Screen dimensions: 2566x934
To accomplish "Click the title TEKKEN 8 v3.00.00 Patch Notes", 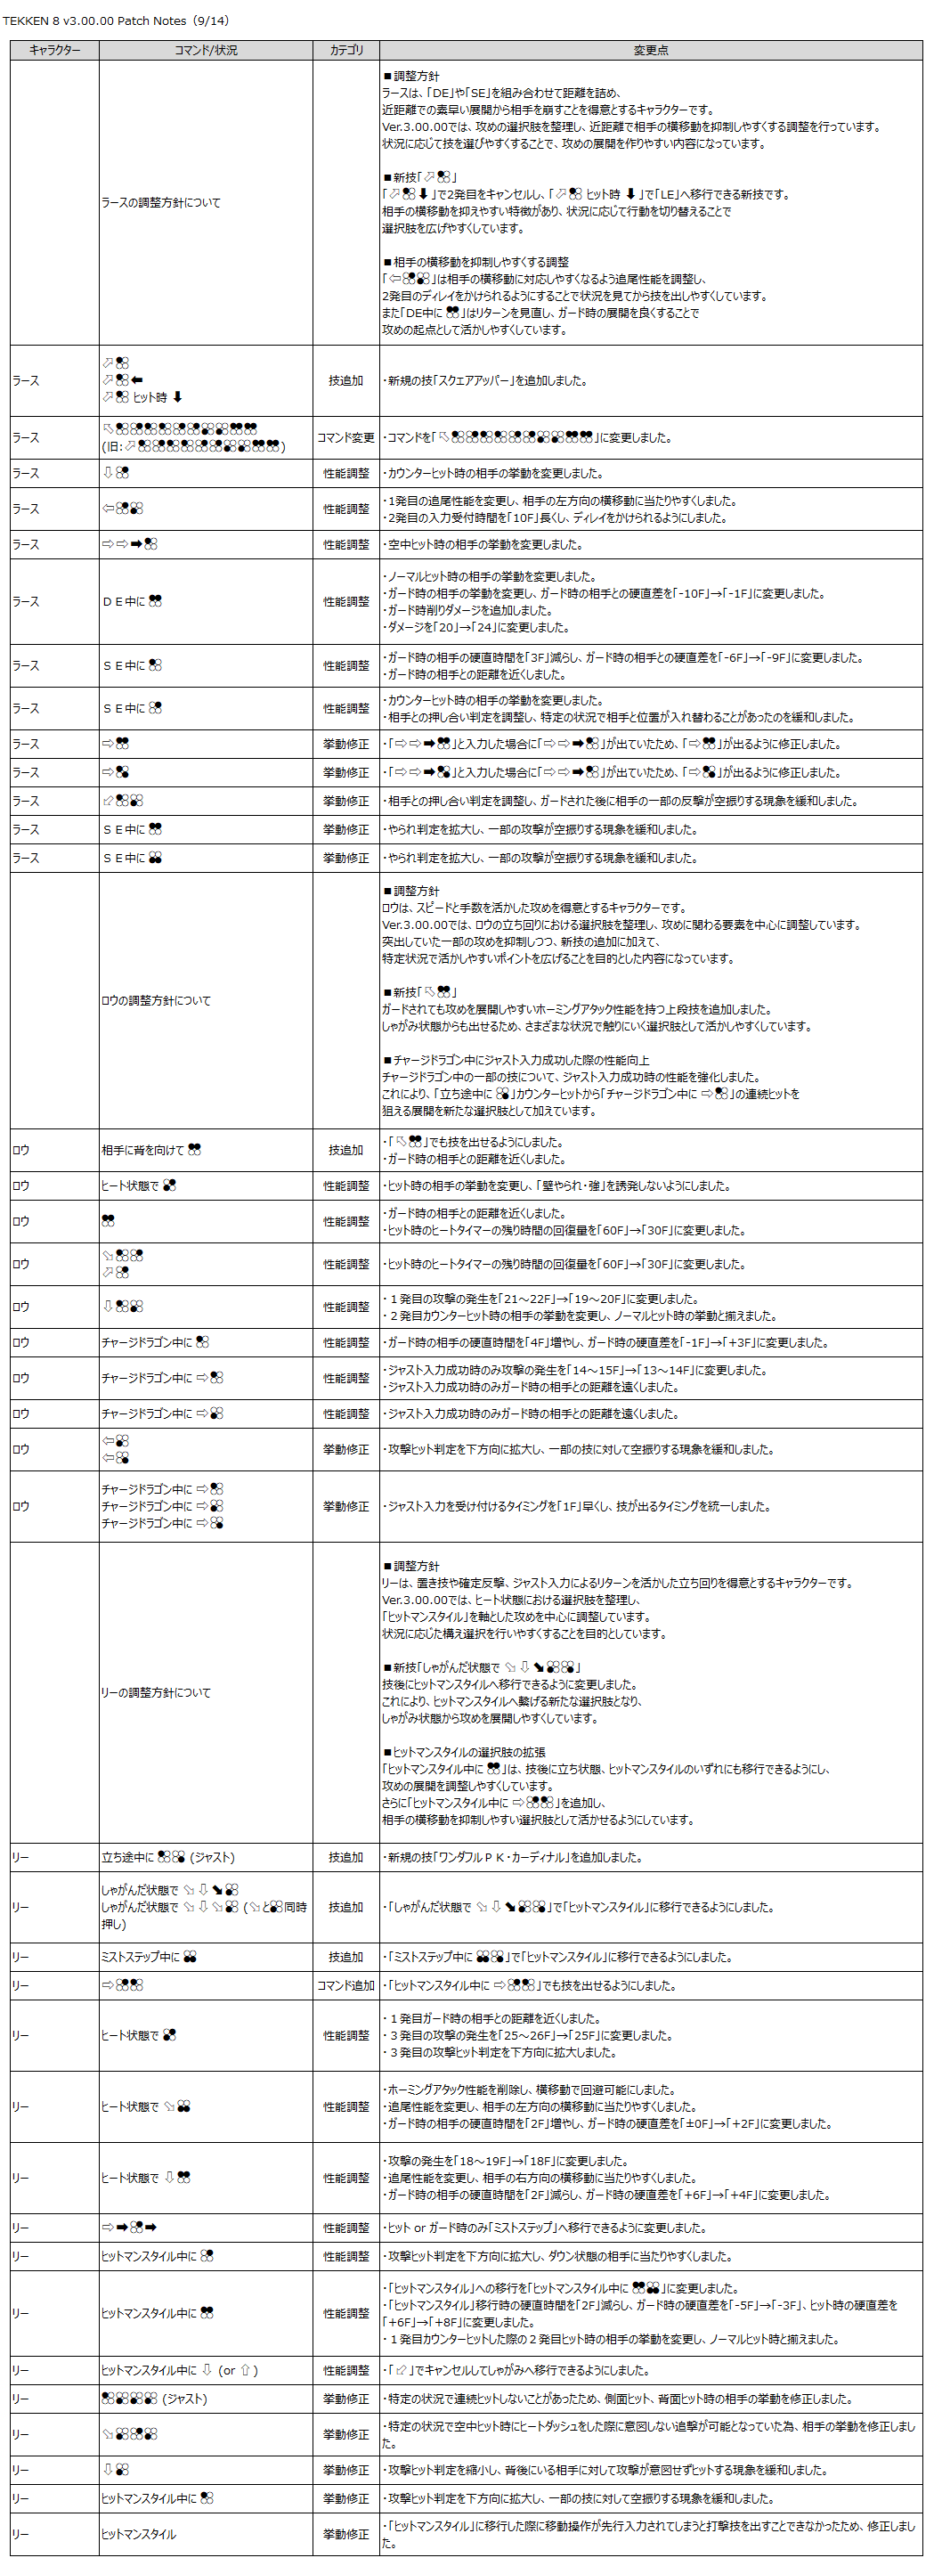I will tap(117, 20).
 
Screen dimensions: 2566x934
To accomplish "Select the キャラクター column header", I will tap(55, 50).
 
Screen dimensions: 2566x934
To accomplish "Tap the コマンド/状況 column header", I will tap(205, 50).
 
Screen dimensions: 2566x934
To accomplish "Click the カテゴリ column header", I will tap(345, 50).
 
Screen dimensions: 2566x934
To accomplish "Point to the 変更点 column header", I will tap(650, 50).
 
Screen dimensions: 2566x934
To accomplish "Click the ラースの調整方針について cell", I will tap(161, 202).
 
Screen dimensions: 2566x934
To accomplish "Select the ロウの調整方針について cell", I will tap(157, 1000).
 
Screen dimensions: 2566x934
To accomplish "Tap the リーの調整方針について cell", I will tap(157, 1692).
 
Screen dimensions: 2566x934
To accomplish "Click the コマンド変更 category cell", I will tap(345, 437).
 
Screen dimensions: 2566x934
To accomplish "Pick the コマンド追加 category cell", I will tap(345, 1985).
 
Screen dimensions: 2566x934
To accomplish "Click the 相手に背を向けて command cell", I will tap(151, 1150).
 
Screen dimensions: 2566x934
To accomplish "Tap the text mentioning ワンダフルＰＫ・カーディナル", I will tap(516, 1857).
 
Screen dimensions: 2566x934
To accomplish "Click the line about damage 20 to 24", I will tap(478, 628).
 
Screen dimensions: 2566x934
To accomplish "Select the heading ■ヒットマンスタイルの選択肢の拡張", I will tap(464, 1752).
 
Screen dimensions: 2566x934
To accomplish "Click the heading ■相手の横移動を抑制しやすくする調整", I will tap(476, 262).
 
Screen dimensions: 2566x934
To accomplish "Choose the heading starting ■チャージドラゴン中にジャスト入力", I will tap(515, 1060).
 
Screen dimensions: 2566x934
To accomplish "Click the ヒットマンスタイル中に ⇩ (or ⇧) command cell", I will tap(179, 2371).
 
